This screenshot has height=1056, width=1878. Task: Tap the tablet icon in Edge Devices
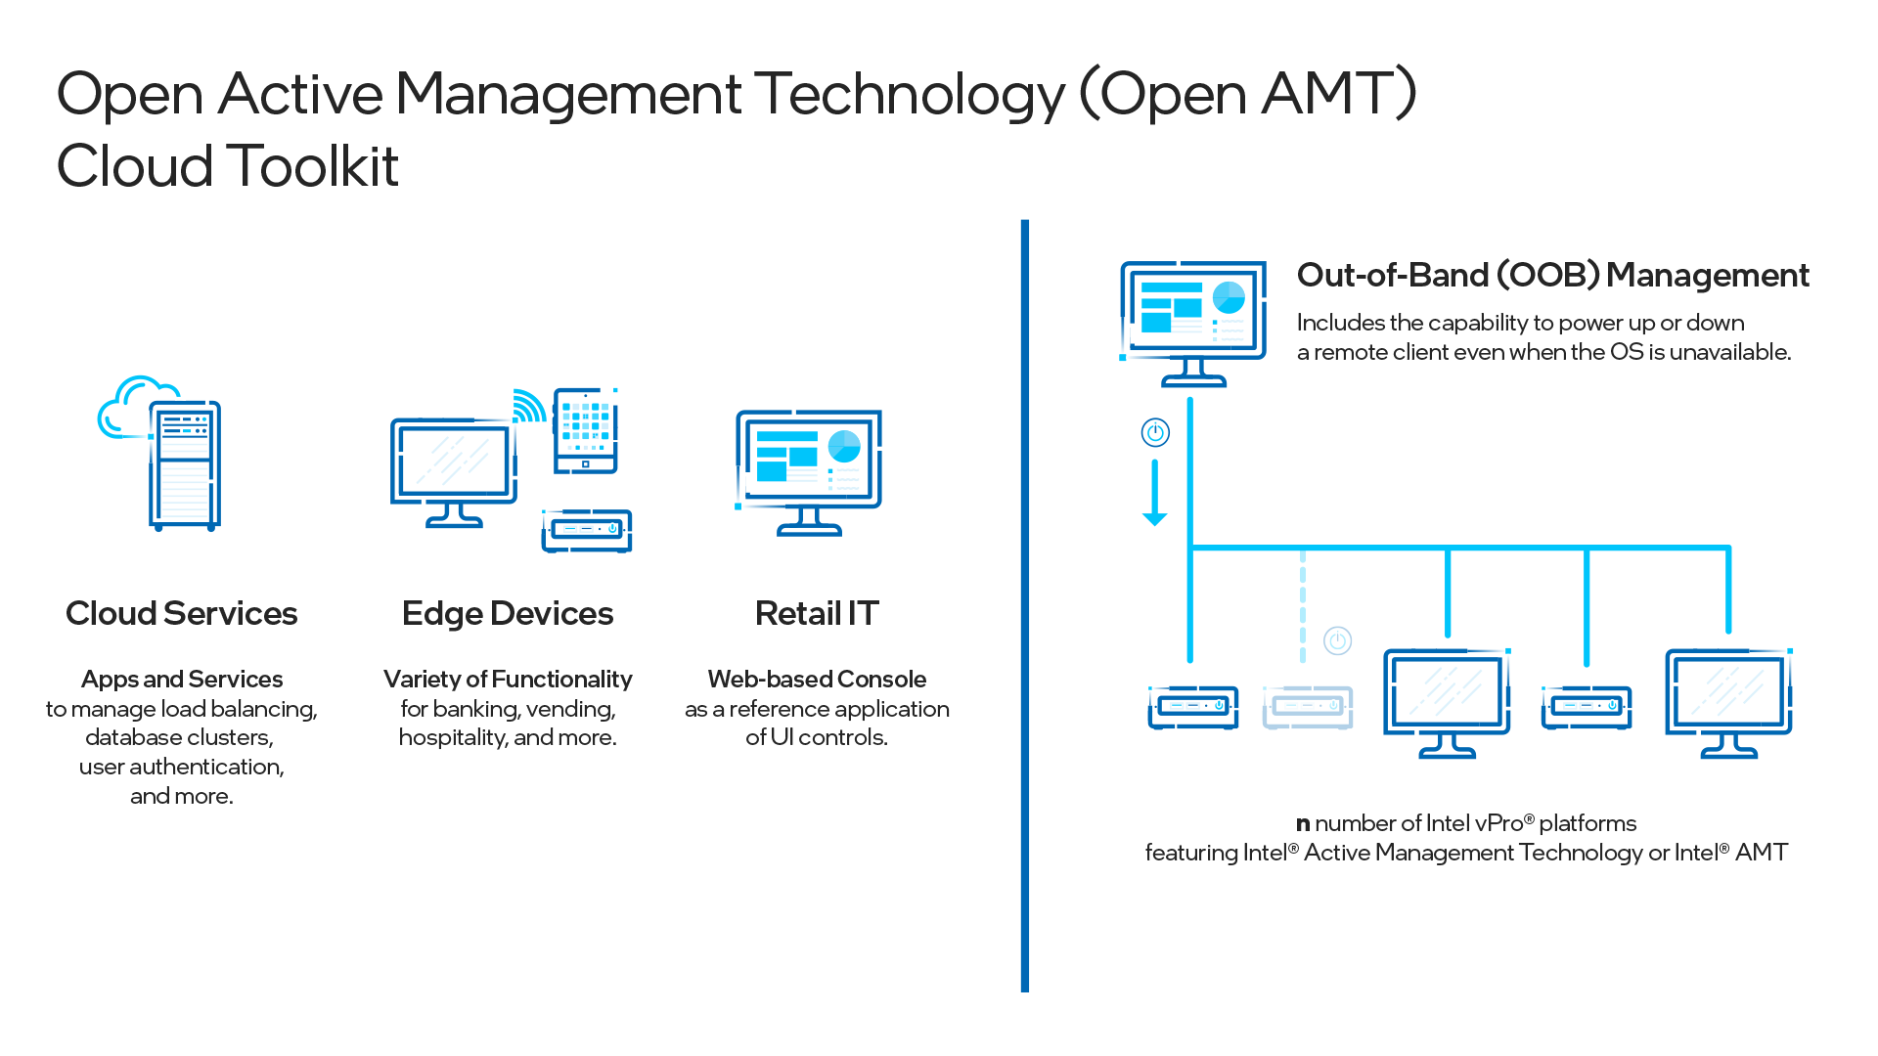click(585, 431)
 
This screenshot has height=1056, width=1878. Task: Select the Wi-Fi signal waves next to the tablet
click(529, 406)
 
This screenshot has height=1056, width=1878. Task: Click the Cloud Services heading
click(181, 613)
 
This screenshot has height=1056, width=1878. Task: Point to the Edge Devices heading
click(508, 613)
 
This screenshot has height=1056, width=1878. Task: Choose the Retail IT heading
click(817, 613)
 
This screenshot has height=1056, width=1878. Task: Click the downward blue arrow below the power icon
click(1155, 494)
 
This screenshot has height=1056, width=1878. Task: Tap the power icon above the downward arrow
click(1155, 432)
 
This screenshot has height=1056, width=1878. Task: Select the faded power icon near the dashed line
click(1337, 640)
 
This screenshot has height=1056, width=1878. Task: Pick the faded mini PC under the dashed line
click(1308, 706)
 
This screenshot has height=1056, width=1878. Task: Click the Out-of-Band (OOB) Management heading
click(1552, 275)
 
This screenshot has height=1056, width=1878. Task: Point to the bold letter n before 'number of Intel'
click(1303, 824)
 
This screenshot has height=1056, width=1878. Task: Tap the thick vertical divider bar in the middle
click(1025, 606)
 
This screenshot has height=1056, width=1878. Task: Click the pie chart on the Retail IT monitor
click(844, 446)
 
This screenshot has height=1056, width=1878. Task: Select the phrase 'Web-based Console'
click(817, 679)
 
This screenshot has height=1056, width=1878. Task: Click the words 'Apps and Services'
click(182, 679)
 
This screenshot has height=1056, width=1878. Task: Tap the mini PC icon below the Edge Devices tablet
click(587, 530)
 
